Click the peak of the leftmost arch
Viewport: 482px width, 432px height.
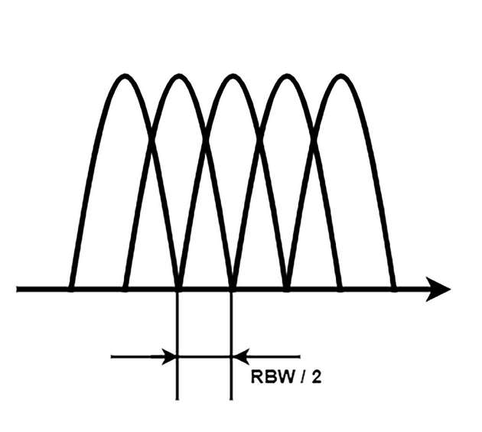click(124, 76)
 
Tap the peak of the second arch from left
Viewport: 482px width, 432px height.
click(178, 76)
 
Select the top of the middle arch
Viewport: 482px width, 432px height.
click(232, 76)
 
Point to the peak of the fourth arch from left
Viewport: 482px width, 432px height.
click(285, 76)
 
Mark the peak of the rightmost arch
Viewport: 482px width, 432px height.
click(339, 76)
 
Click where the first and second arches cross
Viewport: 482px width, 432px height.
click(151, 138)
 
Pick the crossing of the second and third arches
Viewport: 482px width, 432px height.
click(205, 138)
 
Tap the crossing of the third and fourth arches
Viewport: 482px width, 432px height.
click(259, 138)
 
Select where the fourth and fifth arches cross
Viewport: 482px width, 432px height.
click(312, 138)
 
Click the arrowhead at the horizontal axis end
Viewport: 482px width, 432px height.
click(439, 289)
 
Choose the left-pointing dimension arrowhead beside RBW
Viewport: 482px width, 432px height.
click(240, 356)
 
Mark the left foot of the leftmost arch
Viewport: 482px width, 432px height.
click(71, 288)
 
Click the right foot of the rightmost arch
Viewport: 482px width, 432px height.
click(393, 288)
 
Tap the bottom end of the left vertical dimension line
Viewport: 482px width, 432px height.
click(177, 398)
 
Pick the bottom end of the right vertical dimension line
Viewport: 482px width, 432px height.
click(231, 398)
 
